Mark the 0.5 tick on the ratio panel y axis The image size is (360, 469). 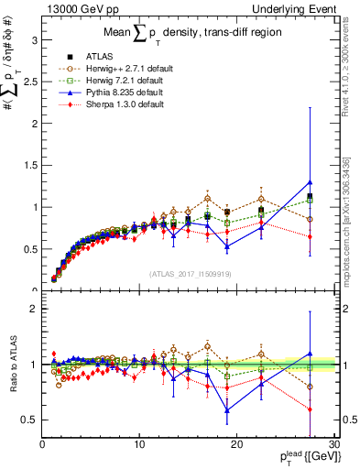[x=32, y=420]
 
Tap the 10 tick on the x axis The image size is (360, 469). [x=139, y=446]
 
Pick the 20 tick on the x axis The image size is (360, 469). [x=236, y=446]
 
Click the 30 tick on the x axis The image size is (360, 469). [x=333, y=446]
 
